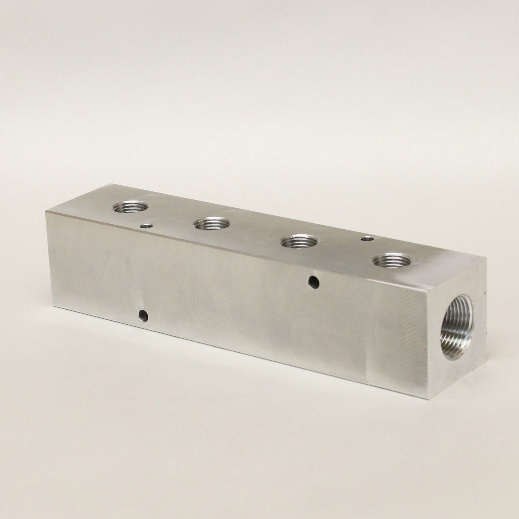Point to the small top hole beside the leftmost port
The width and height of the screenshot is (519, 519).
pos(146,226)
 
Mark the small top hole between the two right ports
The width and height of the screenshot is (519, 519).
pos(367,238)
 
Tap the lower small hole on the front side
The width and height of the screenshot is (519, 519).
pos(144,315)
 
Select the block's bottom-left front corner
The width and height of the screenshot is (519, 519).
pos(55,308)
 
